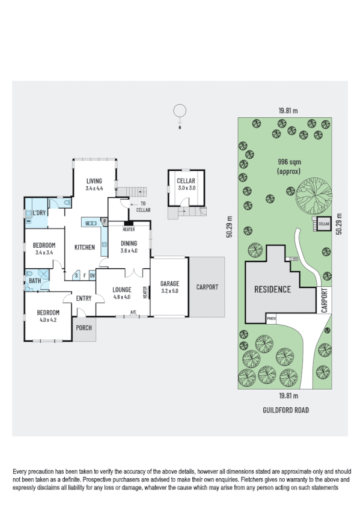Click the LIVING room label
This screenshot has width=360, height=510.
click(x=94, y=180)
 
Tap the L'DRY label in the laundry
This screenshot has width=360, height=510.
click(x=40, y=214)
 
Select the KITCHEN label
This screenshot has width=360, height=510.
click(x=85, y=247)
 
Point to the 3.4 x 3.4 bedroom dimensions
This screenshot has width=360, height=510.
click(x=43, y=253)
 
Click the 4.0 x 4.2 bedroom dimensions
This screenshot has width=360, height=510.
click(x=47, y=320)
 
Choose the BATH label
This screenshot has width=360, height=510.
click(x=35, y=280)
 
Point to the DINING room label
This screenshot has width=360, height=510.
click(x=129, y=243)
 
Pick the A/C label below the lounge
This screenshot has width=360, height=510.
click(x=133, y=312)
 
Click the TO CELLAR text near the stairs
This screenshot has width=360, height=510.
click(x=143, y=207)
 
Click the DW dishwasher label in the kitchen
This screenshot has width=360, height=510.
click(x=93, y=275)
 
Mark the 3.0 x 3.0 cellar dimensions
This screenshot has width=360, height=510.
click(x=186, y=188)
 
